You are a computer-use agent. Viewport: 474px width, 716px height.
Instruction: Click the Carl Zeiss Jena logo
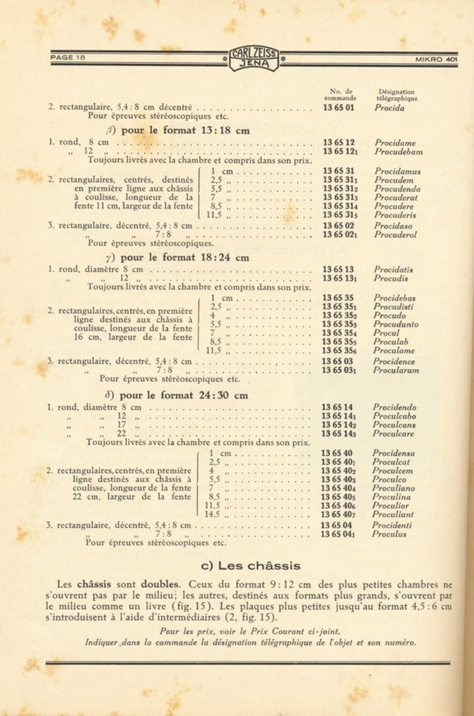click(254, 59)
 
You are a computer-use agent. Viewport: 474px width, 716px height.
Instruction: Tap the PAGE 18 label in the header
click(68, 58)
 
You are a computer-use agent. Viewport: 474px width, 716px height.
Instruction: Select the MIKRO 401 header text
click(436, 59)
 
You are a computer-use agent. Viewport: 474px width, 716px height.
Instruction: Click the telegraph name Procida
click(389, 108)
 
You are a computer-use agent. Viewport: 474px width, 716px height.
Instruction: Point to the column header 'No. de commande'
click(340, 95)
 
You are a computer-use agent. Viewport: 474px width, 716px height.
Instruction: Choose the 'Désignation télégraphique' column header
click(396, 95)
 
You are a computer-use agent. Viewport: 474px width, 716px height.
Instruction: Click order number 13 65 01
click(339, 108)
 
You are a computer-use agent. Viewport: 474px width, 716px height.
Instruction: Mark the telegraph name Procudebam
click(398, 152)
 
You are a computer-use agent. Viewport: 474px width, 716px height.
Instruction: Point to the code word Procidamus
click(397, 171)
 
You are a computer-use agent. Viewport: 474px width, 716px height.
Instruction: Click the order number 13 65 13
click(338, 270)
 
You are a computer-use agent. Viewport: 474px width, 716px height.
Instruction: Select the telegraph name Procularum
click(396, 370)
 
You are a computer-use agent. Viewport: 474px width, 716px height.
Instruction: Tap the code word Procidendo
click(394, 407)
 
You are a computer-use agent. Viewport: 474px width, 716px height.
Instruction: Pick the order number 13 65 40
click(337, 453)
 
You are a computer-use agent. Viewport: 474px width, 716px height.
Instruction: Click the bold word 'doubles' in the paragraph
click(160, 585)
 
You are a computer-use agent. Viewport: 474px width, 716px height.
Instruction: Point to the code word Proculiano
click(393, 488)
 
